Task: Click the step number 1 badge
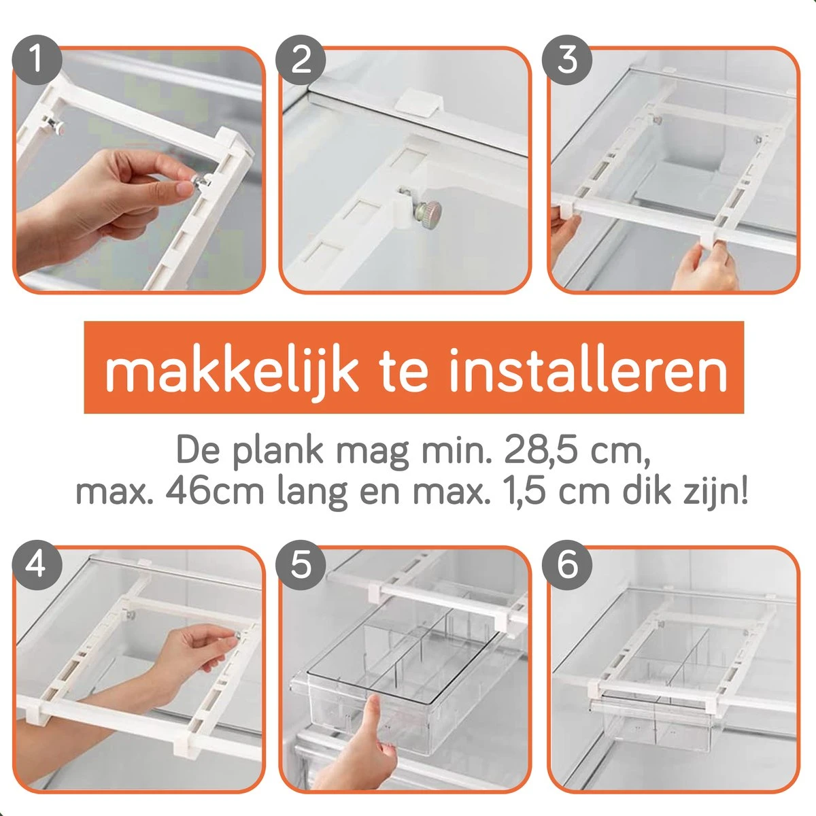coord(37,60)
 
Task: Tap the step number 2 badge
coord(301,60)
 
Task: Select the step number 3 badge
coord(567,60)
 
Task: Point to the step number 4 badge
coord(37,565)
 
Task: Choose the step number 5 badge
coord(301,565)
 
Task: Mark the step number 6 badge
coord(567,565)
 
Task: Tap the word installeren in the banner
coord(588,371)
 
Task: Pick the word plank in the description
coord(278,452)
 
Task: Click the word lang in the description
coord(313,493)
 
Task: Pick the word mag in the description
coord(373,454)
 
